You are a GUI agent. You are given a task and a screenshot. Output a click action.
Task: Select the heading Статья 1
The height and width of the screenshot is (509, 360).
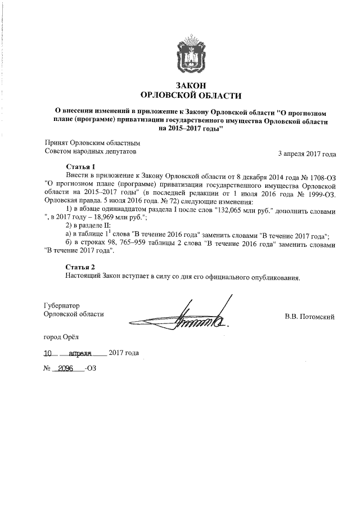81,167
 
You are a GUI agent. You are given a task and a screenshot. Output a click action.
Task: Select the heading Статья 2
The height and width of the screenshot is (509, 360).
81,267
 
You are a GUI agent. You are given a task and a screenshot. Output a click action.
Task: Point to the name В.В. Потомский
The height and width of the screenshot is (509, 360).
309,317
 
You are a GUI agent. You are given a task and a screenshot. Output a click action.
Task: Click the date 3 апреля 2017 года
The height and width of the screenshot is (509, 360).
308,153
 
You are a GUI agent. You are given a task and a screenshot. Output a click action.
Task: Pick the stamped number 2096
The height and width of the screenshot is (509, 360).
67,371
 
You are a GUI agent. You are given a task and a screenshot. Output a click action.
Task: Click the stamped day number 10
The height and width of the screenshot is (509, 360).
51,354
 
